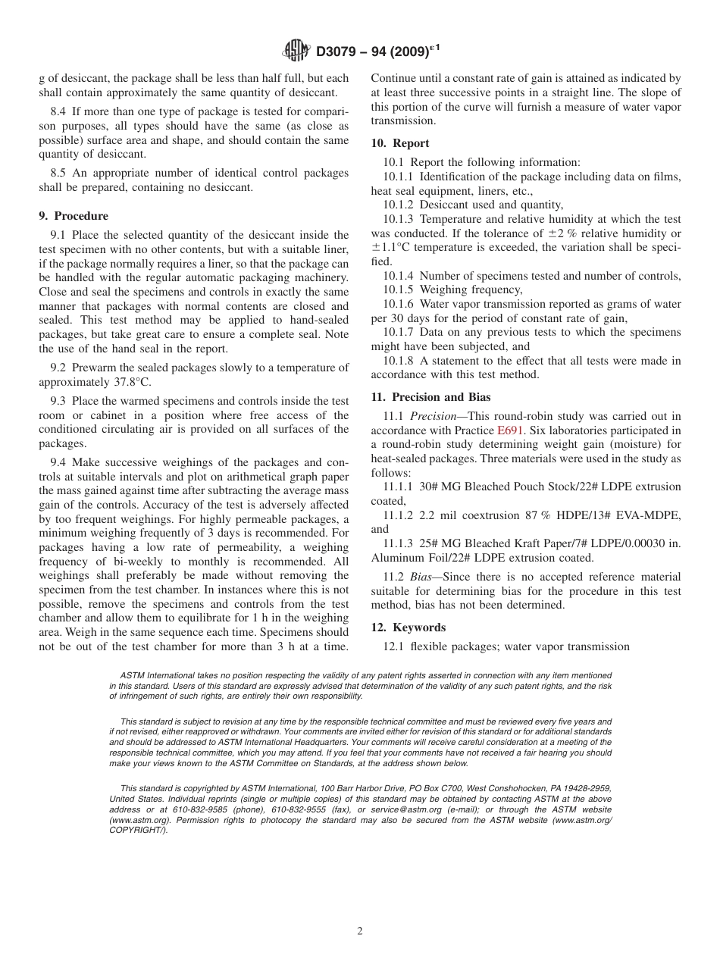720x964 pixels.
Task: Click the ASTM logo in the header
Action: click(x=296, y=51)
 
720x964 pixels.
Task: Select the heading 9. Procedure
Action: click(x=74, y=216)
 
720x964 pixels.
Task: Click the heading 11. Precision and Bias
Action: click(x=430, y=397)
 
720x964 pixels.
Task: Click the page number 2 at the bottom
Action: click(x=360, y=931)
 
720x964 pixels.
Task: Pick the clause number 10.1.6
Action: click(x=399, y=304)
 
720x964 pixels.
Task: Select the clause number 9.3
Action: click(x=60, y=401)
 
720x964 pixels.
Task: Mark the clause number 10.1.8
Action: click(x=399, y=361)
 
